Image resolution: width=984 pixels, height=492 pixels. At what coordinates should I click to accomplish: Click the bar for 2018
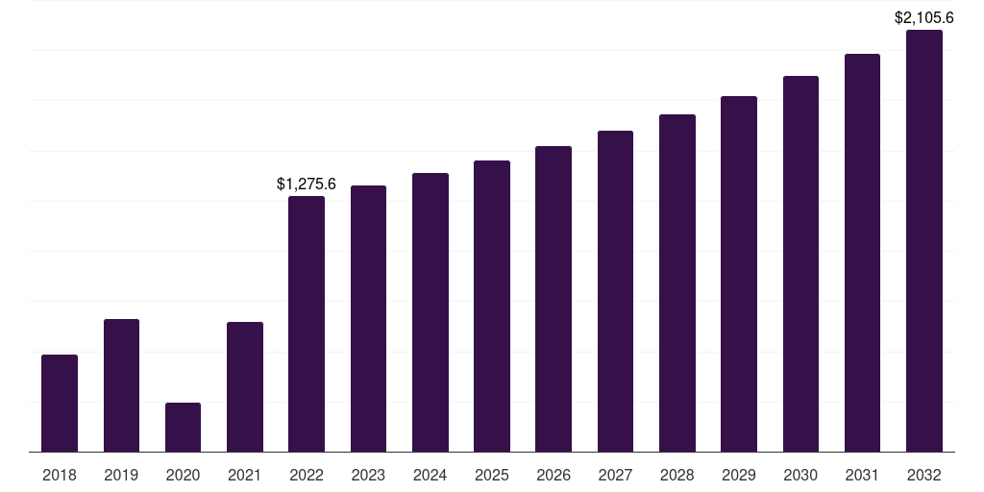pyautogui.click(x=60, y=404)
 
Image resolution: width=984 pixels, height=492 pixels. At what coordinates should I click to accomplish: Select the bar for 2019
pyautogui.click(x=121, y=385)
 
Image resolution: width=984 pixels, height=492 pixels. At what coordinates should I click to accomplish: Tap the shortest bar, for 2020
pyautogui.click(x=183, y=428)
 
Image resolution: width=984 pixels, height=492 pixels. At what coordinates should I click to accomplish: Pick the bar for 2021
pyautogui.click(x=245, y=387)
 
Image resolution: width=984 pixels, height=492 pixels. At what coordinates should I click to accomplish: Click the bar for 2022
pyautogui.click(x=307, y=324)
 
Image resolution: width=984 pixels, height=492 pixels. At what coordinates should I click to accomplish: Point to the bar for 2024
pyautogui.click(x=430, y=312)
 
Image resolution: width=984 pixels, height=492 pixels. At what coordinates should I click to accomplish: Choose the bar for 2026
pyautogui.click(x=553, y=299)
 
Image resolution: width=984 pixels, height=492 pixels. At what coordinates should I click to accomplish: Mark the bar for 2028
pyautogui.click(x=677, y=283)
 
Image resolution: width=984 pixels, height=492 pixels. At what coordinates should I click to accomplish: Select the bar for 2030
pyautogui.click(x=800, y=264)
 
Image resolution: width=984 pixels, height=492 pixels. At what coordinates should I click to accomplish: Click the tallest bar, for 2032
pyautogui.click(x=924, y=241)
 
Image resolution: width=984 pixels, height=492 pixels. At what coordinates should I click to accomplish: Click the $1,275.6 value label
pyautogui.click(x=307, y=184)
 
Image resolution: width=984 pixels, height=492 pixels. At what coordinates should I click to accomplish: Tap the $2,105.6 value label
pyautogui.click(x=924, y=17)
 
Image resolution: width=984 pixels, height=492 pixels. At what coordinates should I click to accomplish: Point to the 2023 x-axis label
pyautogui.click(x=368, y=475)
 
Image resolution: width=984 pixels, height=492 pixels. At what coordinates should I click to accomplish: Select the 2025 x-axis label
pyautogui.click(x=492, y=475)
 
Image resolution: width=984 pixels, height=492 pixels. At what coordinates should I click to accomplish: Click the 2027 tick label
pyautogui.click(x=615, y=475)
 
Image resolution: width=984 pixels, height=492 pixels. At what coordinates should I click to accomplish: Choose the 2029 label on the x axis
pyautogui.click(x=739, y=475)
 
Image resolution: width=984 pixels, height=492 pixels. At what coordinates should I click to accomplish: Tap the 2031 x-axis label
pyautogui.click(x=862, y=475)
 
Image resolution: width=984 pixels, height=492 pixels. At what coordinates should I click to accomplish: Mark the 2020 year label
pyautogui.click(x=183, y=475)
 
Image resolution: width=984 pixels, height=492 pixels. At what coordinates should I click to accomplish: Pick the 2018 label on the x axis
pyautogui.click(x=60, y=475)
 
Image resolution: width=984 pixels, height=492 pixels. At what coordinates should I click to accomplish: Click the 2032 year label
pyautogui.click(x=924, y=475)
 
